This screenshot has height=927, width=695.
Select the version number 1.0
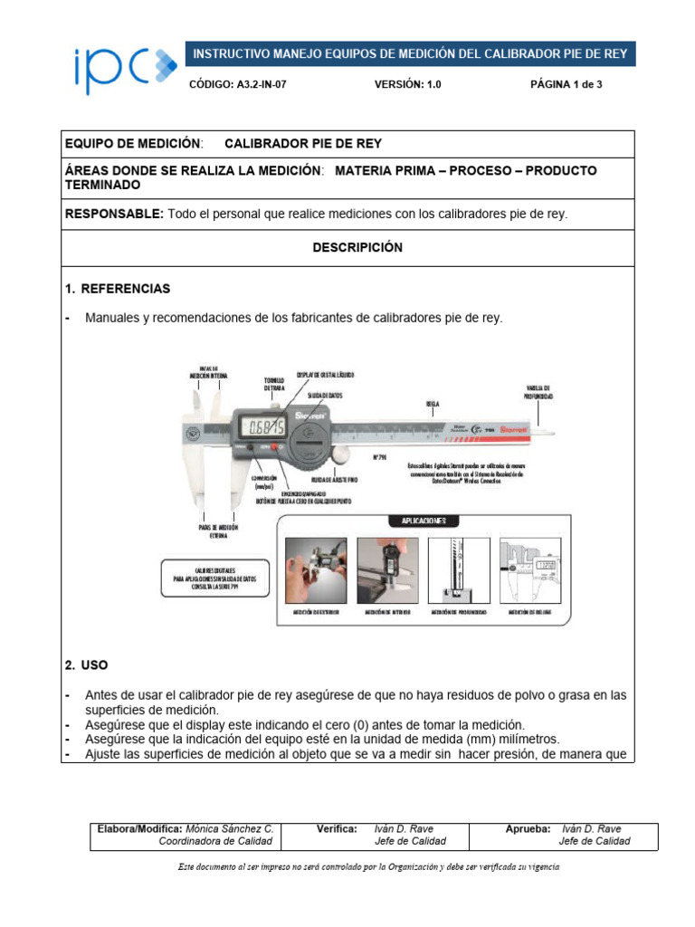(x=427, y=84)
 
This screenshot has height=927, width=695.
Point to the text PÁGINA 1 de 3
(x=566, y=84)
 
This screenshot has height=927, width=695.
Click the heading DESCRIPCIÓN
(x=357, y=247)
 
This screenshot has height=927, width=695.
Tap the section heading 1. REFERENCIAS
(x=118, y=289)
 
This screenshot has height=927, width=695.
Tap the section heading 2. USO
(x=87, y=664)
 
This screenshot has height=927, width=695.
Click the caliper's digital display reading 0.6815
(x=262, y=425)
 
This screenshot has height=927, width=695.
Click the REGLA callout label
(x=433, y=401)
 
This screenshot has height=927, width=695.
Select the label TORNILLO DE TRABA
(x=274, y=384)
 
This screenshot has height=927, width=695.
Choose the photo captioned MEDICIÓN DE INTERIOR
(x=387, y=570)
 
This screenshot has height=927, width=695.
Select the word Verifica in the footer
(x=337, y=828)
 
